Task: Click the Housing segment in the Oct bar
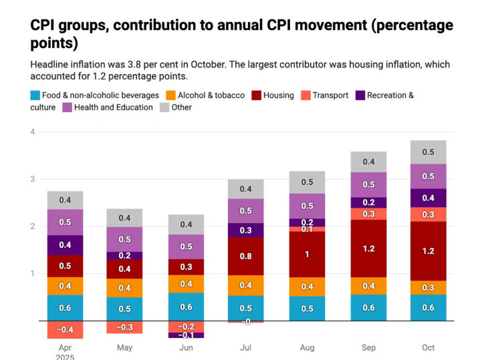(428, 251)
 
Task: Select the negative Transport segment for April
(65, 330)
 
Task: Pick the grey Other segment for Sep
(369, 162)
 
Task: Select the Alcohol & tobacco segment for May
(124, 288)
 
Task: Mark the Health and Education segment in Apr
(65, 222)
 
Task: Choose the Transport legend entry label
(330, 96)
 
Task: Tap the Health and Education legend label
(114, 108)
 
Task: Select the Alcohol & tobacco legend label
(211, 96)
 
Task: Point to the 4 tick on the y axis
(32, 132)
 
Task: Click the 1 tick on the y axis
(32, 273)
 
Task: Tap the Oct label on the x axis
(428, 348)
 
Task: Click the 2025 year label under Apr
(65, 357)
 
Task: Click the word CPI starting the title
(43, 25)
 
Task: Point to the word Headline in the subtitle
(51, 64)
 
